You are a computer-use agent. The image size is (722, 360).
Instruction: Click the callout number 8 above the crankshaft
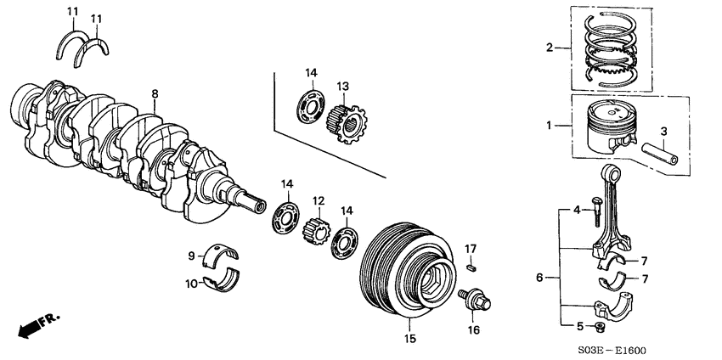coord(155,93)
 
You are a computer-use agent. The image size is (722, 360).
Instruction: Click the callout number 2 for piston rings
coord(550,48)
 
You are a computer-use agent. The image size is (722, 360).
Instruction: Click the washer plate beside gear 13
coord(311,109)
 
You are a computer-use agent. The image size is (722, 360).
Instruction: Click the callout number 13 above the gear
coord(343,87)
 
